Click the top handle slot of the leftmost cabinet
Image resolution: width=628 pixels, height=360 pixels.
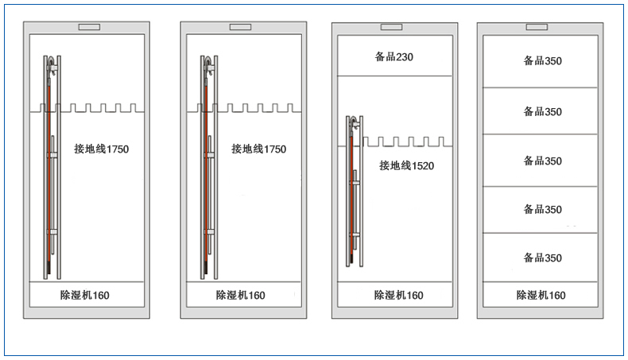[89, 27]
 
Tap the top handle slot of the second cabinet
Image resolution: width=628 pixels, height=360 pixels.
[240, 27]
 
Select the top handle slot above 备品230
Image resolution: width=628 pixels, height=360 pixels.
[391, 27]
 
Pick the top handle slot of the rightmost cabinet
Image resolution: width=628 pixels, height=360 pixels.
[537, 27]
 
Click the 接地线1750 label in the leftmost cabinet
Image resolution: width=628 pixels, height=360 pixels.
[101, 149]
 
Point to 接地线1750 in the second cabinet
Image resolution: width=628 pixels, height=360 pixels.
[258, 149]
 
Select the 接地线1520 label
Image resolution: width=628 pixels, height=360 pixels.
[406, 165]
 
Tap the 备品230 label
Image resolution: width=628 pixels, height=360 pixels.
[394, 57]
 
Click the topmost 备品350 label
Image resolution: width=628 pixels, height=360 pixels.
[543, 60]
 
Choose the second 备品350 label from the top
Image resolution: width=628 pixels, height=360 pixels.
[543, 111]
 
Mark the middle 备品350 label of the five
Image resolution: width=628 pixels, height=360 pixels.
[543, 161]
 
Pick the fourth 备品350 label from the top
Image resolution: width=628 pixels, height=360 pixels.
[543, 209]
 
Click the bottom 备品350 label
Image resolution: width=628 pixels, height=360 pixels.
[543, 257]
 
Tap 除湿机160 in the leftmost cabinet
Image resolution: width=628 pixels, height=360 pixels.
[84, 295]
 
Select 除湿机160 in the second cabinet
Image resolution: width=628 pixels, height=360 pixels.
[240, 295]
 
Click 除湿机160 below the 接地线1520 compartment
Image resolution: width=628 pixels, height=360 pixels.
[398, 295]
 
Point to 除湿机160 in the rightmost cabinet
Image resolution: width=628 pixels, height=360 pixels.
[541, 295]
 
